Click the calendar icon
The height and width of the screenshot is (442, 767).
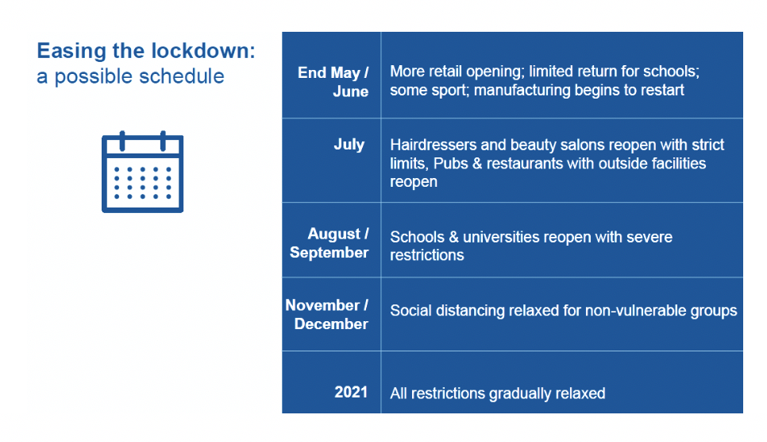[142, 172]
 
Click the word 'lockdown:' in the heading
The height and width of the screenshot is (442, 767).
[203, 51]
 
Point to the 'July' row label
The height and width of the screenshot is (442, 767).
[349, 145]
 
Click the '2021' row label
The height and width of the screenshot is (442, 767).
[351, 392]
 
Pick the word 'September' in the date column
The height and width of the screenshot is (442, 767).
[329, 253]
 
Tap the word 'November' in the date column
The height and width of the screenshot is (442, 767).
[322, 305]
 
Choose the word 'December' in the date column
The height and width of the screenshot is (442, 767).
[331, 324]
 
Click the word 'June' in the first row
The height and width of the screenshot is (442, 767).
[351, 91]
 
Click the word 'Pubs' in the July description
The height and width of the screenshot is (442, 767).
[450, 164]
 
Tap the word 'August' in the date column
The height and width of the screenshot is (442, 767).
[333, 235]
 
